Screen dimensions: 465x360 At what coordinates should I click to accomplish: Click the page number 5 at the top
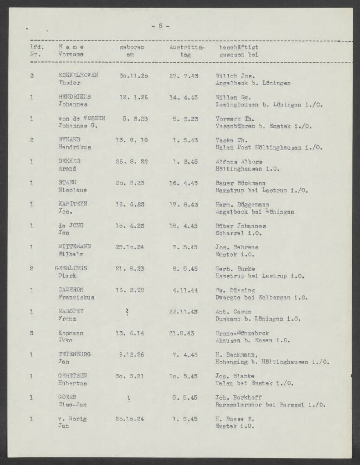coord(160,26)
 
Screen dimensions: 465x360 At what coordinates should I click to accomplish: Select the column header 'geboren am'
coord(131,51)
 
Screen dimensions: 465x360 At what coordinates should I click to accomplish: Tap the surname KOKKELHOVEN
coord(78,75)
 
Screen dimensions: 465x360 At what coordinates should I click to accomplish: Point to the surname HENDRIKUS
coord(74,97)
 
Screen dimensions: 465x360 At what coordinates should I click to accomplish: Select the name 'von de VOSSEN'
coord(82,118)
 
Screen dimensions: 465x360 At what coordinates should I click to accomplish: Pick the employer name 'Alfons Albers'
coord(239,161)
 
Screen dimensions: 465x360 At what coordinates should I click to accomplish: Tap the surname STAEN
coord(68,183)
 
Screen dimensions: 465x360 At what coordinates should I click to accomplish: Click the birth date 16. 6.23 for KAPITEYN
coord(131,205)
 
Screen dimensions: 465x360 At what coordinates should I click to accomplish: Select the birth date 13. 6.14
coord(131,333)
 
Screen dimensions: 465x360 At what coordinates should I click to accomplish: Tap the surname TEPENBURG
coord(74,355)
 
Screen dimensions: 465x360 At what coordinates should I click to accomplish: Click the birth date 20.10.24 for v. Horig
coord(130,419)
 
